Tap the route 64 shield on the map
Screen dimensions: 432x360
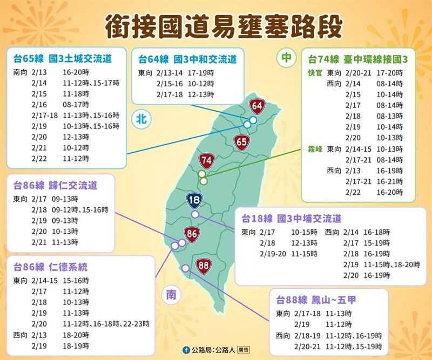tap(257, 105)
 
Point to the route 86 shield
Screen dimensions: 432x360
tap(191, 234)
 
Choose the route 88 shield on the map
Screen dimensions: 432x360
tap(203, 266)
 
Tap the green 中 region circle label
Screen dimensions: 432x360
tap(286, 58)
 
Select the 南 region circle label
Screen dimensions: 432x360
tap(171, 295)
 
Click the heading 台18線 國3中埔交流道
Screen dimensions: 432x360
tap(291, 219)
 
